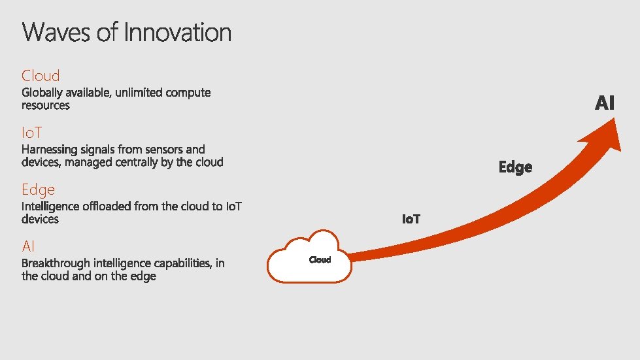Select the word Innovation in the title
point(177,32)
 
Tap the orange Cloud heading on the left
point(41,76)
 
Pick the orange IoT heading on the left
point(32,133)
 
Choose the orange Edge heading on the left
point(38,189)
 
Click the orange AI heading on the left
point(28,246)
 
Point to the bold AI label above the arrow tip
point(605,103)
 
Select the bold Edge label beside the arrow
point(515,167)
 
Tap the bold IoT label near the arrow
point(411,220)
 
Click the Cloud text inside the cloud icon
point(320,260)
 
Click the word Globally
point(43,93)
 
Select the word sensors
point(166,150)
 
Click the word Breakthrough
point(56,263)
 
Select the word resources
point(46,105)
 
